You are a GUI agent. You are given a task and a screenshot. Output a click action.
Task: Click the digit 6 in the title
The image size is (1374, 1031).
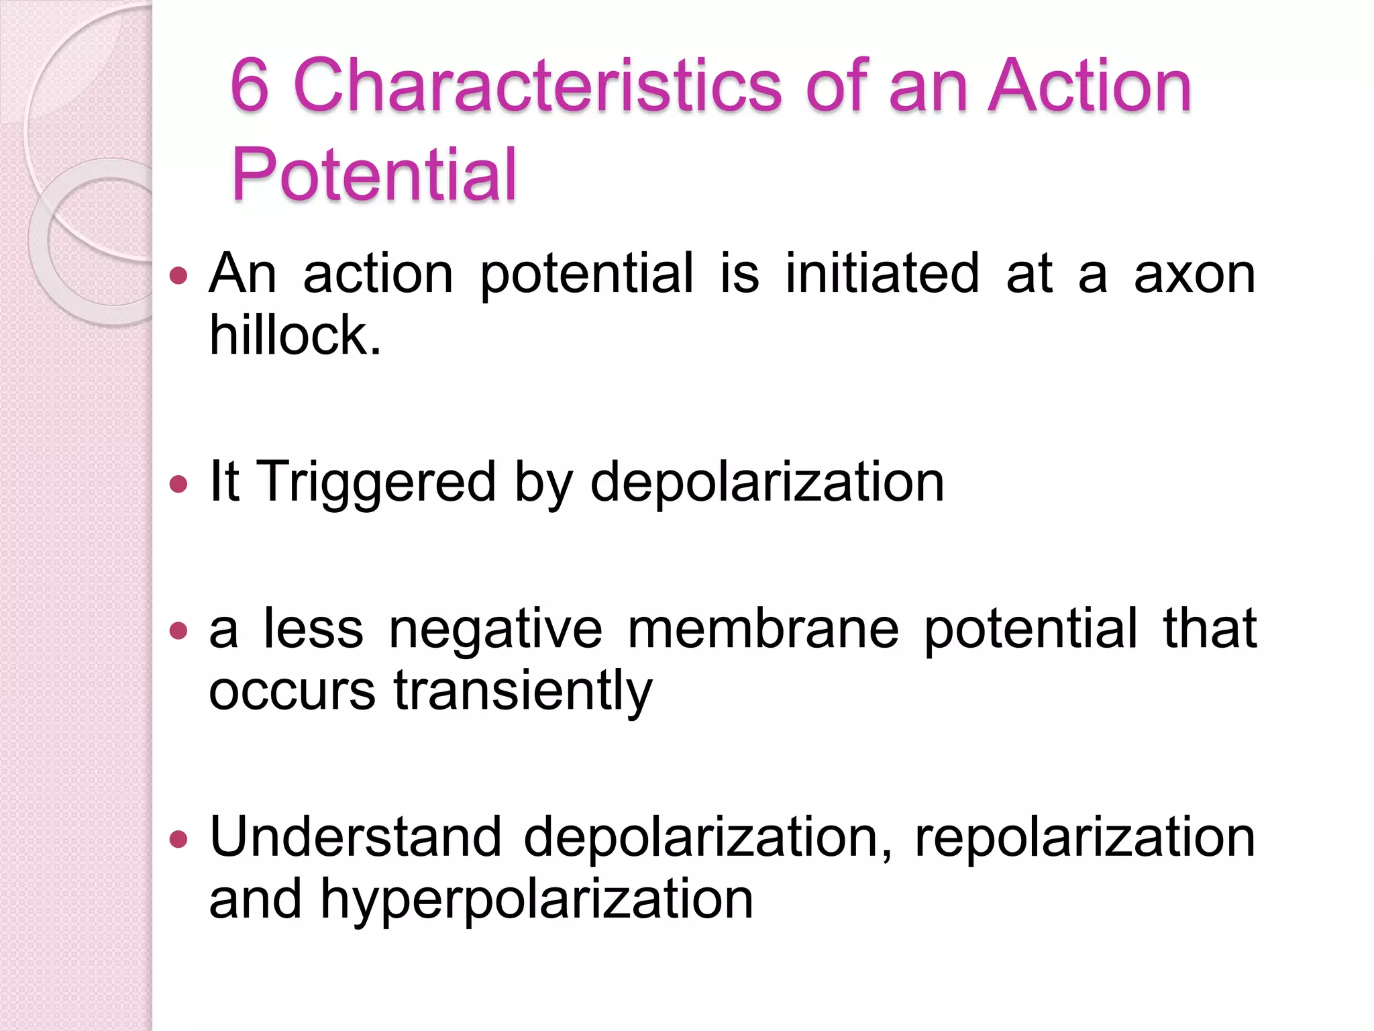(250, 86)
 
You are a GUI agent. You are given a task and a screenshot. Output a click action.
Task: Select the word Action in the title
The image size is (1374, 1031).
(1090, 86)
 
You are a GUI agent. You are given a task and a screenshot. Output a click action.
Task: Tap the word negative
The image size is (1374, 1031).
(496, 630)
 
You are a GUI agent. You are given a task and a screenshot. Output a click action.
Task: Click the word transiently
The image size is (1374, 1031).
(523, 691)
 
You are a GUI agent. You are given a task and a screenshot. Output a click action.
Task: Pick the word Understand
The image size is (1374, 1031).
(356, 837)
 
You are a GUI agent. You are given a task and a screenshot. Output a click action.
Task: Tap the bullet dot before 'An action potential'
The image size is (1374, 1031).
(178, 275)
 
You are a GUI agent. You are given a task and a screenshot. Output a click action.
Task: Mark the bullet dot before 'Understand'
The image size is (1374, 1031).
(178, 838)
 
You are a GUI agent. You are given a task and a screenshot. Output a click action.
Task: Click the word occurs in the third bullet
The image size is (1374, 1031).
(292, 691)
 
